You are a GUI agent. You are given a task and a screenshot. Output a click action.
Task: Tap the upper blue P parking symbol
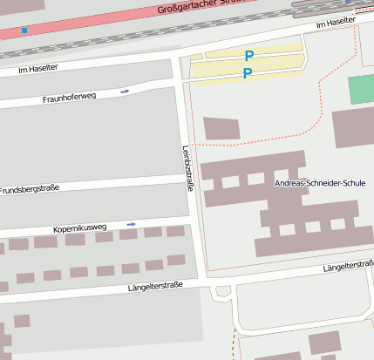(248, 56)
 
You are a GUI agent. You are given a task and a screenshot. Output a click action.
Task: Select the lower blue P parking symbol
(247, 74)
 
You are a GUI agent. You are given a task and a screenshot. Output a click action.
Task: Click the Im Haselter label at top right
(336, 21)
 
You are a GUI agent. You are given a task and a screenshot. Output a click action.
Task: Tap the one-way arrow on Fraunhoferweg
(126, 91)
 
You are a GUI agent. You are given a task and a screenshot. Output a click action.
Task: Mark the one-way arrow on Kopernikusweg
(131, 224)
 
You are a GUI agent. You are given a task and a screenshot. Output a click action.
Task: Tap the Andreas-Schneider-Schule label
(320, 183)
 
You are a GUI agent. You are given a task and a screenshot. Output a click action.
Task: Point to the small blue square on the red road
(24, 31)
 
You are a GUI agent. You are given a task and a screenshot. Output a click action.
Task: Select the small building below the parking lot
(221, 128)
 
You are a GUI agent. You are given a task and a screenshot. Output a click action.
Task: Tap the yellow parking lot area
(270, 65)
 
